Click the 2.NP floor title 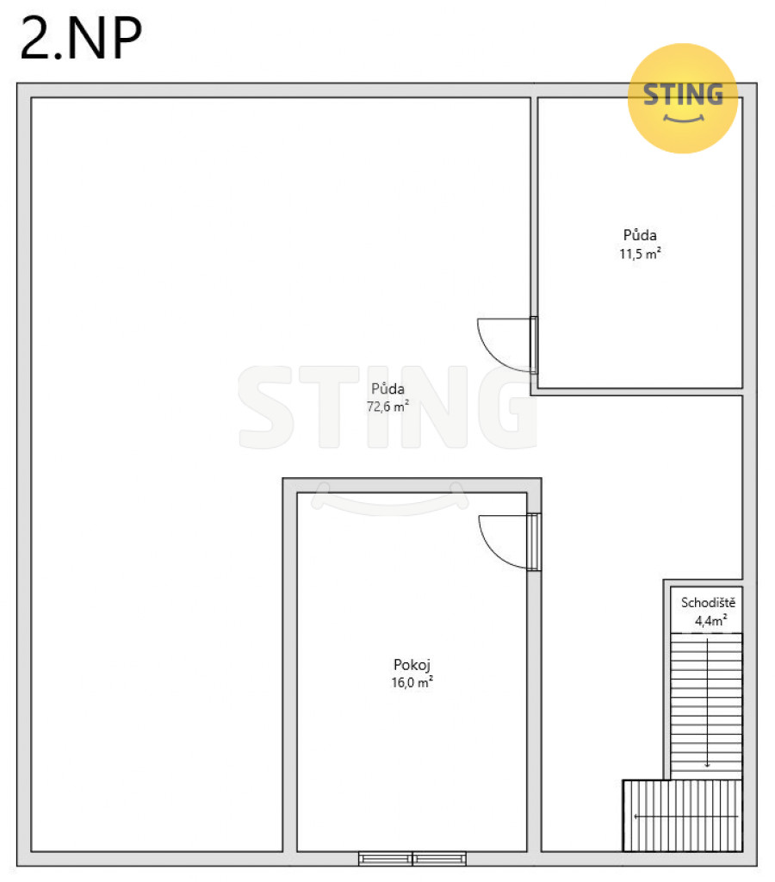point(81,38)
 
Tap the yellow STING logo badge point(683,98)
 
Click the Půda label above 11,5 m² point(640,234)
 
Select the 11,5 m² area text point(640,254)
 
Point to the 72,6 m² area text point(387,407)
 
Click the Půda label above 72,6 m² point(387,388)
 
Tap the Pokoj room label point(412,665)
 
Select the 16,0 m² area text point(412,682)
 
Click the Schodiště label point(708,602)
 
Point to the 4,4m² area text point(711,620)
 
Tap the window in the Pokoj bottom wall point(412,859)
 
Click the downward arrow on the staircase point(707,703)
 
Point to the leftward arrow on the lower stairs point(685,817)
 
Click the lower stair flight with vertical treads point(682,816)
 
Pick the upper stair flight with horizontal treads point(706,706)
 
